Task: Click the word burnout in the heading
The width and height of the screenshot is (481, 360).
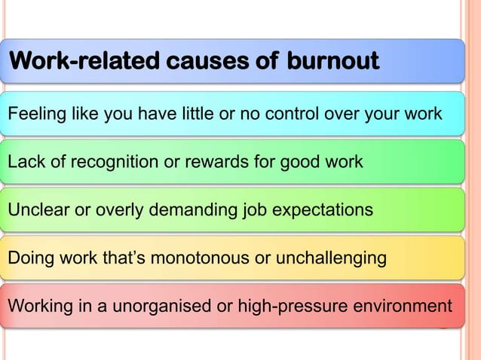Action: (x=332, y=60)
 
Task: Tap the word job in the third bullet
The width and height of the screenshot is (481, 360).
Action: (x=256, y=209)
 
